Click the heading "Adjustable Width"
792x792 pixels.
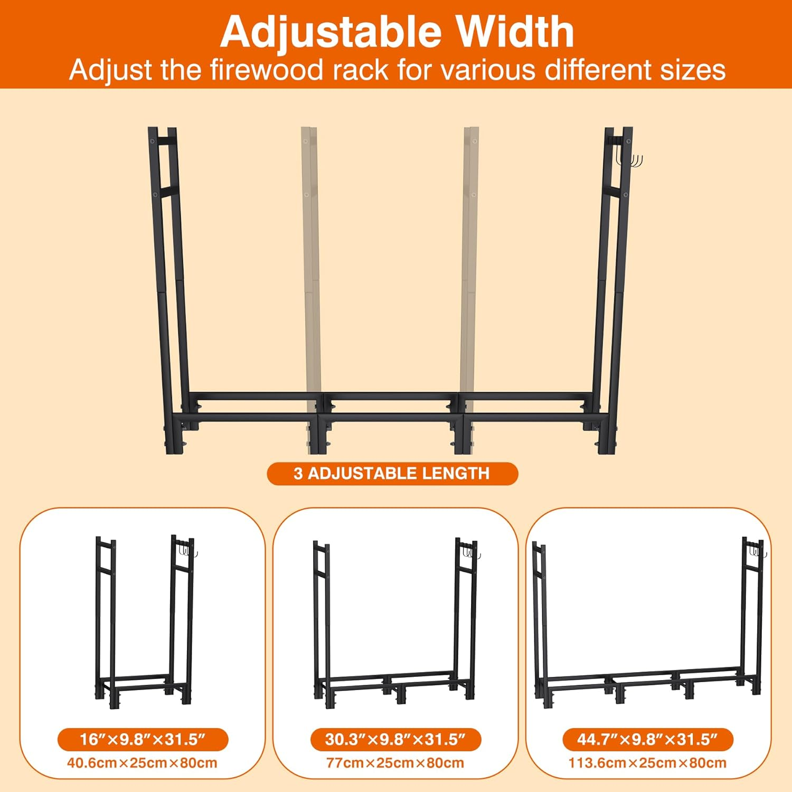(x=397, y=32)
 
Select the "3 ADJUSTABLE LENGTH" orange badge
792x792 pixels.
(x=392, y=474)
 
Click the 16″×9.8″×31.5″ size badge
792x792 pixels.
(x=143, y=739)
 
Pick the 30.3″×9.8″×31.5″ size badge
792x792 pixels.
(x=395, y=739)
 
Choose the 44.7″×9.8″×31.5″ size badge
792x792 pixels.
(x=647, y=739)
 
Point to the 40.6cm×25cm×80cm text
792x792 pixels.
(x=143, y=763)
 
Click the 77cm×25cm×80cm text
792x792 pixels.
(x=395, y=763)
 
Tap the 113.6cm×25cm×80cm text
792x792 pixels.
(x=647, y=763)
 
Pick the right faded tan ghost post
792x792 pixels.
(x=470, y=264)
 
